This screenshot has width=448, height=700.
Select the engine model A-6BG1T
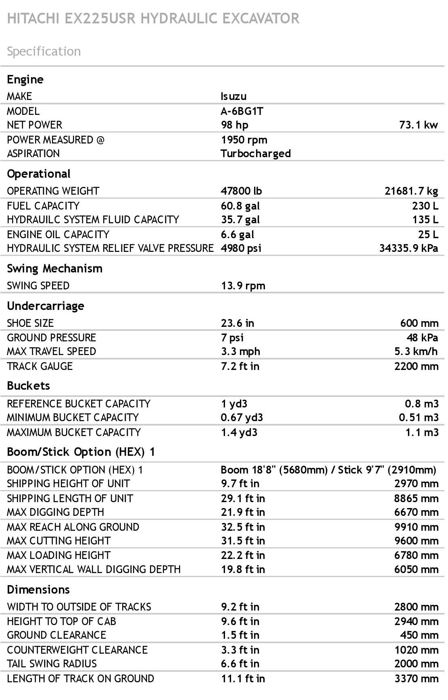[x=242, y=111]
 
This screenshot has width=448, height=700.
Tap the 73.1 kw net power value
[x=418, y=125]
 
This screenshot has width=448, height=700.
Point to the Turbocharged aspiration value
[x=255, y=154]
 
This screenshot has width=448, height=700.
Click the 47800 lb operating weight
[x=241, y=191]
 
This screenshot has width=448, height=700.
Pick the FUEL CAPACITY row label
[x=43, y=206]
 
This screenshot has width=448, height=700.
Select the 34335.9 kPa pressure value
[x=408, y=248]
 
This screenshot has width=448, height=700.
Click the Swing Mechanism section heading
[x=54, y=269]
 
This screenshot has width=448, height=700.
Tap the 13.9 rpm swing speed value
[x=243, y=286]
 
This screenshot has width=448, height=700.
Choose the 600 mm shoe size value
[x=419, y=323]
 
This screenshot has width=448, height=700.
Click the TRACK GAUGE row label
[x=40, y=366]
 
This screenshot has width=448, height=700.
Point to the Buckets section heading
[x=28, y=386]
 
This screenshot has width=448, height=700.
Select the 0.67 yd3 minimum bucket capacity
[x=242, y=418]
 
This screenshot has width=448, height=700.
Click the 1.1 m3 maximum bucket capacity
[x=421, y=433]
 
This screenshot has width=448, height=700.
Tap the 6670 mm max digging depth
[x=416, y=513]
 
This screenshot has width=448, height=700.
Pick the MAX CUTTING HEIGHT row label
[x=58, y=541]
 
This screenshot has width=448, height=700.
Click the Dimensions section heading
[x=38, y=590]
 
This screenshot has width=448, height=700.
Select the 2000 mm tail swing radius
[x=416, y=664]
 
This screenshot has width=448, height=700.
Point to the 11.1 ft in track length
[x=243, y=679]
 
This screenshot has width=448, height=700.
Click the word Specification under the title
[x=44, y=52]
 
